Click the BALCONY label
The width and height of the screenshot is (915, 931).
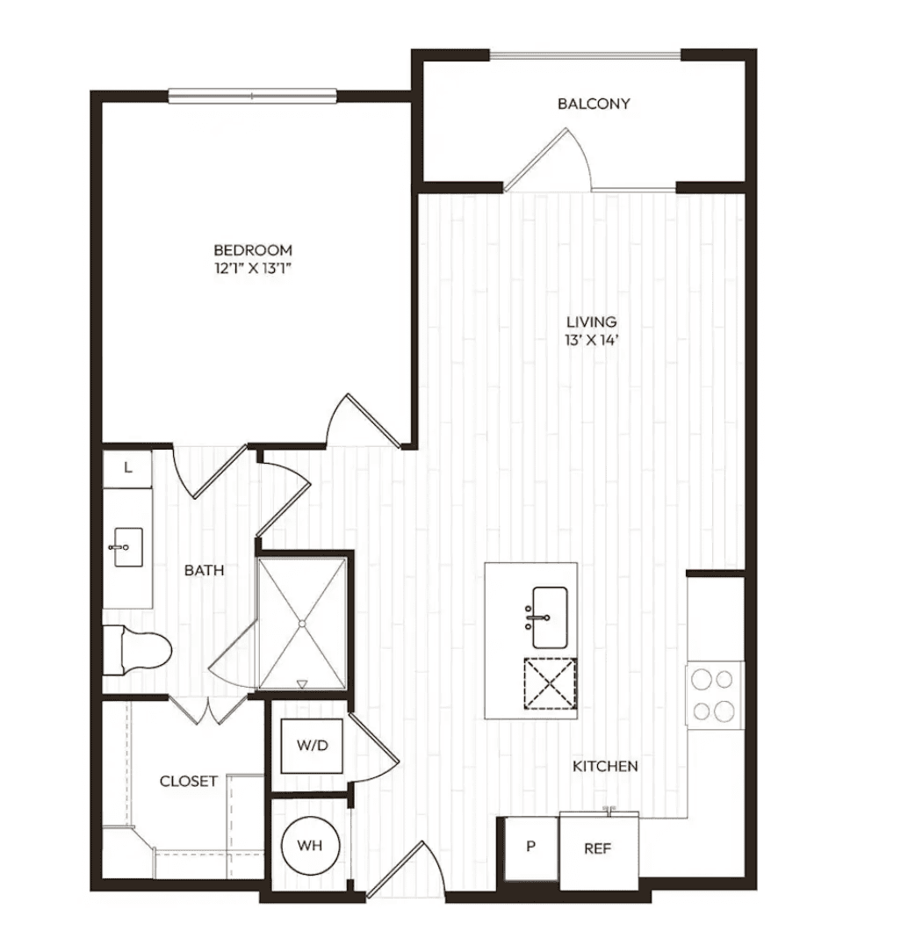tap(594, 104)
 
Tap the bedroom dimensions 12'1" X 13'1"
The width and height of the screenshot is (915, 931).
tap(253, 269)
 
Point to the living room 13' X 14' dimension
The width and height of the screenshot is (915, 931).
tap(592, 340)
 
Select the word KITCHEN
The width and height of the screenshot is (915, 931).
tap(605, 766)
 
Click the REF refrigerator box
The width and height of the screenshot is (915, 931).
tap(599, 851)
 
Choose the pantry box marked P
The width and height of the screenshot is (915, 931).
tap(531, 848)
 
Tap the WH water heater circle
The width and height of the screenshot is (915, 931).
tap(310, 845)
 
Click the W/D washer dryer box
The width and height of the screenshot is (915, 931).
tap(312, 746)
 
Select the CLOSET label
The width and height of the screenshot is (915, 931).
tap(188, 782)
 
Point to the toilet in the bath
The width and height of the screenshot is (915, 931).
tap(137, 650)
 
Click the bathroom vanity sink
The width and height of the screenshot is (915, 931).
tap(127, 547)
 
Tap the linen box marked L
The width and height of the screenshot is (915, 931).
tap(127, 469)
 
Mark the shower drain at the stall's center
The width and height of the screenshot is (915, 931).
tap(302, 624)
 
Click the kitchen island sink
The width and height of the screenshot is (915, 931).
tap(550, 617)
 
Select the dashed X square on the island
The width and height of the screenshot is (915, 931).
tap(551, 683)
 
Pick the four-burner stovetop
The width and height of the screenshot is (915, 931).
tap(714, 696)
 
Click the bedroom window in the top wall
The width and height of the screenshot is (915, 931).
tap(252, 96)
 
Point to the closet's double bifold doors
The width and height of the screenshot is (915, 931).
tap(208, 710)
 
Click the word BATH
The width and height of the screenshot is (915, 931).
tap(205, 571)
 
